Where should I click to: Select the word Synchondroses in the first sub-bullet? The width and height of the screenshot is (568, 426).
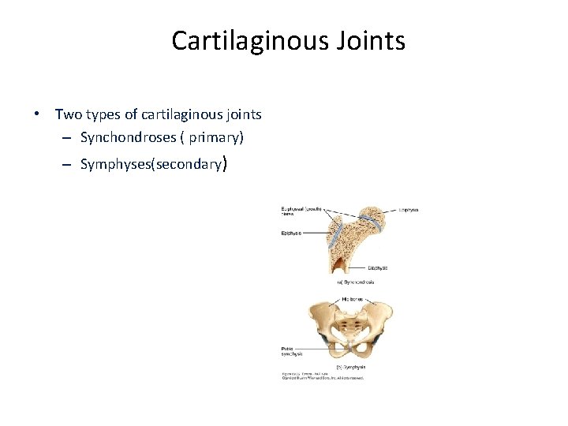point(128,138)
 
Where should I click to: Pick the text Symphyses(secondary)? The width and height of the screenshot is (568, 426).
point(154,166)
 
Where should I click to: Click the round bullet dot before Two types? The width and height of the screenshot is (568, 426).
point(37,115)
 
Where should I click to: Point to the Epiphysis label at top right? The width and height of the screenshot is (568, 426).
point(409,211)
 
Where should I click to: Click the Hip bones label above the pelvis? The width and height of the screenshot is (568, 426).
point(353,299)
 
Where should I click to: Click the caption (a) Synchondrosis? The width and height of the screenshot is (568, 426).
point(356,282)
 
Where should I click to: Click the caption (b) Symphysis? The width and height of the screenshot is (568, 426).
point(351,367)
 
